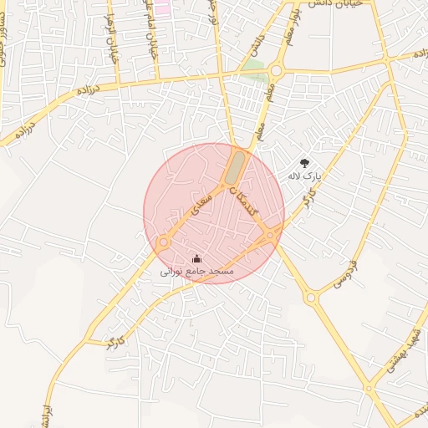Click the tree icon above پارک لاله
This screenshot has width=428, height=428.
coord(303,163)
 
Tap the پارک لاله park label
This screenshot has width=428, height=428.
coord(303,176)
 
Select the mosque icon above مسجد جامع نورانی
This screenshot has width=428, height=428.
coord(197,258)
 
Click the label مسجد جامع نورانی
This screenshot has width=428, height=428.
coord(198,272)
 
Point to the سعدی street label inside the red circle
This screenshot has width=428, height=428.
coord(201,200)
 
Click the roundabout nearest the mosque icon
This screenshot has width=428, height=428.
coord(164,242)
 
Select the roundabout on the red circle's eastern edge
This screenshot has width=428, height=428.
coord(271,237)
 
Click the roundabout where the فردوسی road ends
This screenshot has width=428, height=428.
coord(311,297)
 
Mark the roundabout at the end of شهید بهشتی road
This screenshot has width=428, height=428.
coord(368,388)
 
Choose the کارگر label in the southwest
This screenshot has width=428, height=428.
coord(116,342)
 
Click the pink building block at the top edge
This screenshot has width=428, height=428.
coord(161,7)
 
